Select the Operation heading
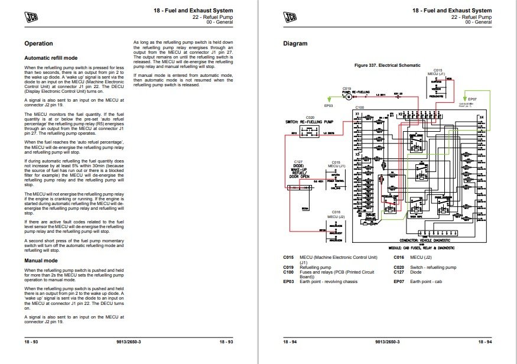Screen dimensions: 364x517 (x=38, y=44)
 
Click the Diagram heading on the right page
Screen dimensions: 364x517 (x=295, y=44)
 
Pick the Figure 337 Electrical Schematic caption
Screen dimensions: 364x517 (x=387, y=65)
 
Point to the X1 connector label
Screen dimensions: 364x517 (x=357, y=113)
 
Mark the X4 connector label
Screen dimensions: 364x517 (x=481, y=118)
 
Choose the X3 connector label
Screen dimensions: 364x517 (x=357, y=154)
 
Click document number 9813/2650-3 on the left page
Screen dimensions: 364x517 (x=129, y=342)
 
